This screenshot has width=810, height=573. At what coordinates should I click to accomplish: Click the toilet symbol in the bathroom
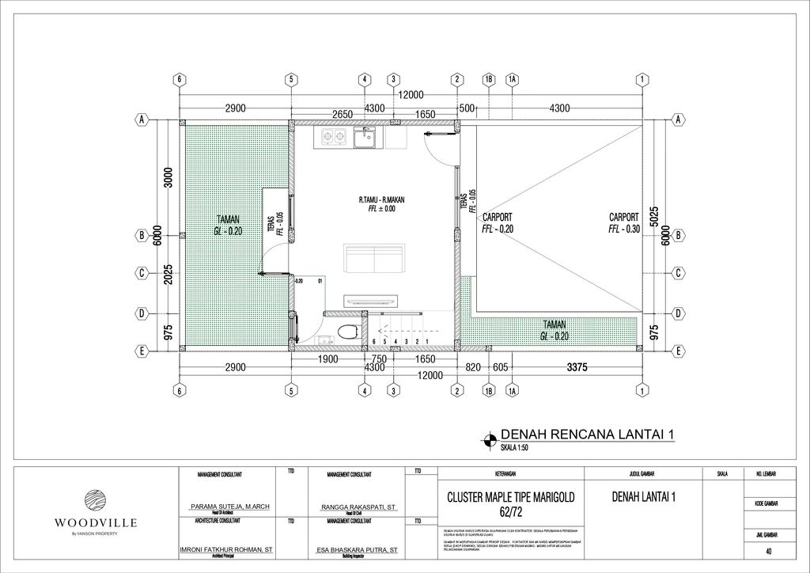coord(346,332)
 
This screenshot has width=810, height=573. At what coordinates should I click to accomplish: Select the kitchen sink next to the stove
coord(365,139)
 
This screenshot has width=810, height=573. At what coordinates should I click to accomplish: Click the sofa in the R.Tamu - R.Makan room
coord(376,258)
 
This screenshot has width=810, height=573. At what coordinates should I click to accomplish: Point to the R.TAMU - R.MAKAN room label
coord(381,200)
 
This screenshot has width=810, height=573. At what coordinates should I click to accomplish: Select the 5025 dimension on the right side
coord(653,218)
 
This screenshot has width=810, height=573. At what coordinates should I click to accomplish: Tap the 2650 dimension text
coord(342,114)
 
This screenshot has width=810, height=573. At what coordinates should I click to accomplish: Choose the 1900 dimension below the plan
coord(328,359)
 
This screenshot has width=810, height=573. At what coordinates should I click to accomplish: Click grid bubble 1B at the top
coord(488,79)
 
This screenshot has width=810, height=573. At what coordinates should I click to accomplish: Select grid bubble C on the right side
coord(679,273)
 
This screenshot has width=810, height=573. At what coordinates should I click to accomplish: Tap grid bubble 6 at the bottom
coord(180,391)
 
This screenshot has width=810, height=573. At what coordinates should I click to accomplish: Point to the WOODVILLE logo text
coord(96,523)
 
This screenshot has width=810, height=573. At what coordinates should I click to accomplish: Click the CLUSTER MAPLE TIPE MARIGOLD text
coord(511,497)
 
